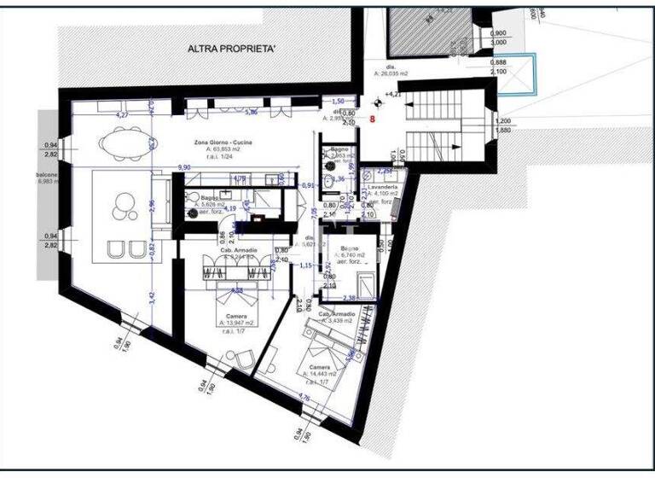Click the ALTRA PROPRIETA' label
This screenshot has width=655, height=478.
(232, 50)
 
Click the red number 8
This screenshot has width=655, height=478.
(373, 120)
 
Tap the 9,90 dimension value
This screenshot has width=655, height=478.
(184, 167)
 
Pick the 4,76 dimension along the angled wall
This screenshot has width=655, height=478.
(304, 396)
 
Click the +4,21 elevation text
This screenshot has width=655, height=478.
(393, 94)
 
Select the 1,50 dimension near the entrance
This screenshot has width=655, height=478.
(338, 100)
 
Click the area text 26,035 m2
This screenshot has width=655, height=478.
(392, 74)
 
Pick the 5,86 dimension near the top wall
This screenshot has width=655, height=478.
(252, 112)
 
